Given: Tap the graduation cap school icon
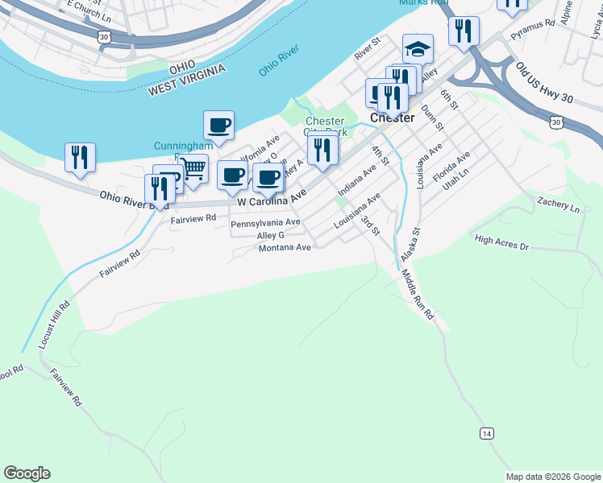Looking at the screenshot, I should (418, 49).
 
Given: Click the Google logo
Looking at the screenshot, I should (27, 473).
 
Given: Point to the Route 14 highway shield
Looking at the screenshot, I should (486, 433).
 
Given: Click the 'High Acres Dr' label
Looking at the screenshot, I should (501, 242).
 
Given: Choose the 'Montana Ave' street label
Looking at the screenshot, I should (285, 248).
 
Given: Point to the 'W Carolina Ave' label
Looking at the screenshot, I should (272, 197).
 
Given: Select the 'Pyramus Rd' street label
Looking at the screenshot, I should (533, 23).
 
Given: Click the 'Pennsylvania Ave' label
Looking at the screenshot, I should (265, 222).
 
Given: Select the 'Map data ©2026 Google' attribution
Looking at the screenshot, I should (553, 477).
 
